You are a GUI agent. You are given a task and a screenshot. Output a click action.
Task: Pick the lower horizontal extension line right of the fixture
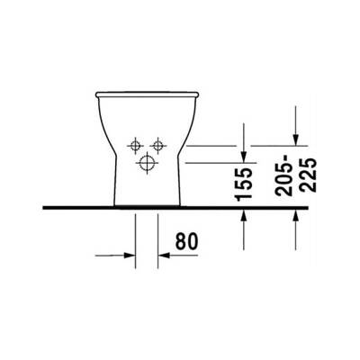point(211,162)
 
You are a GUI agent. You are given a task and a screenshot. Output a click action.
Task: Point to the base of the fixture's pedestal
point(147,203)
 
